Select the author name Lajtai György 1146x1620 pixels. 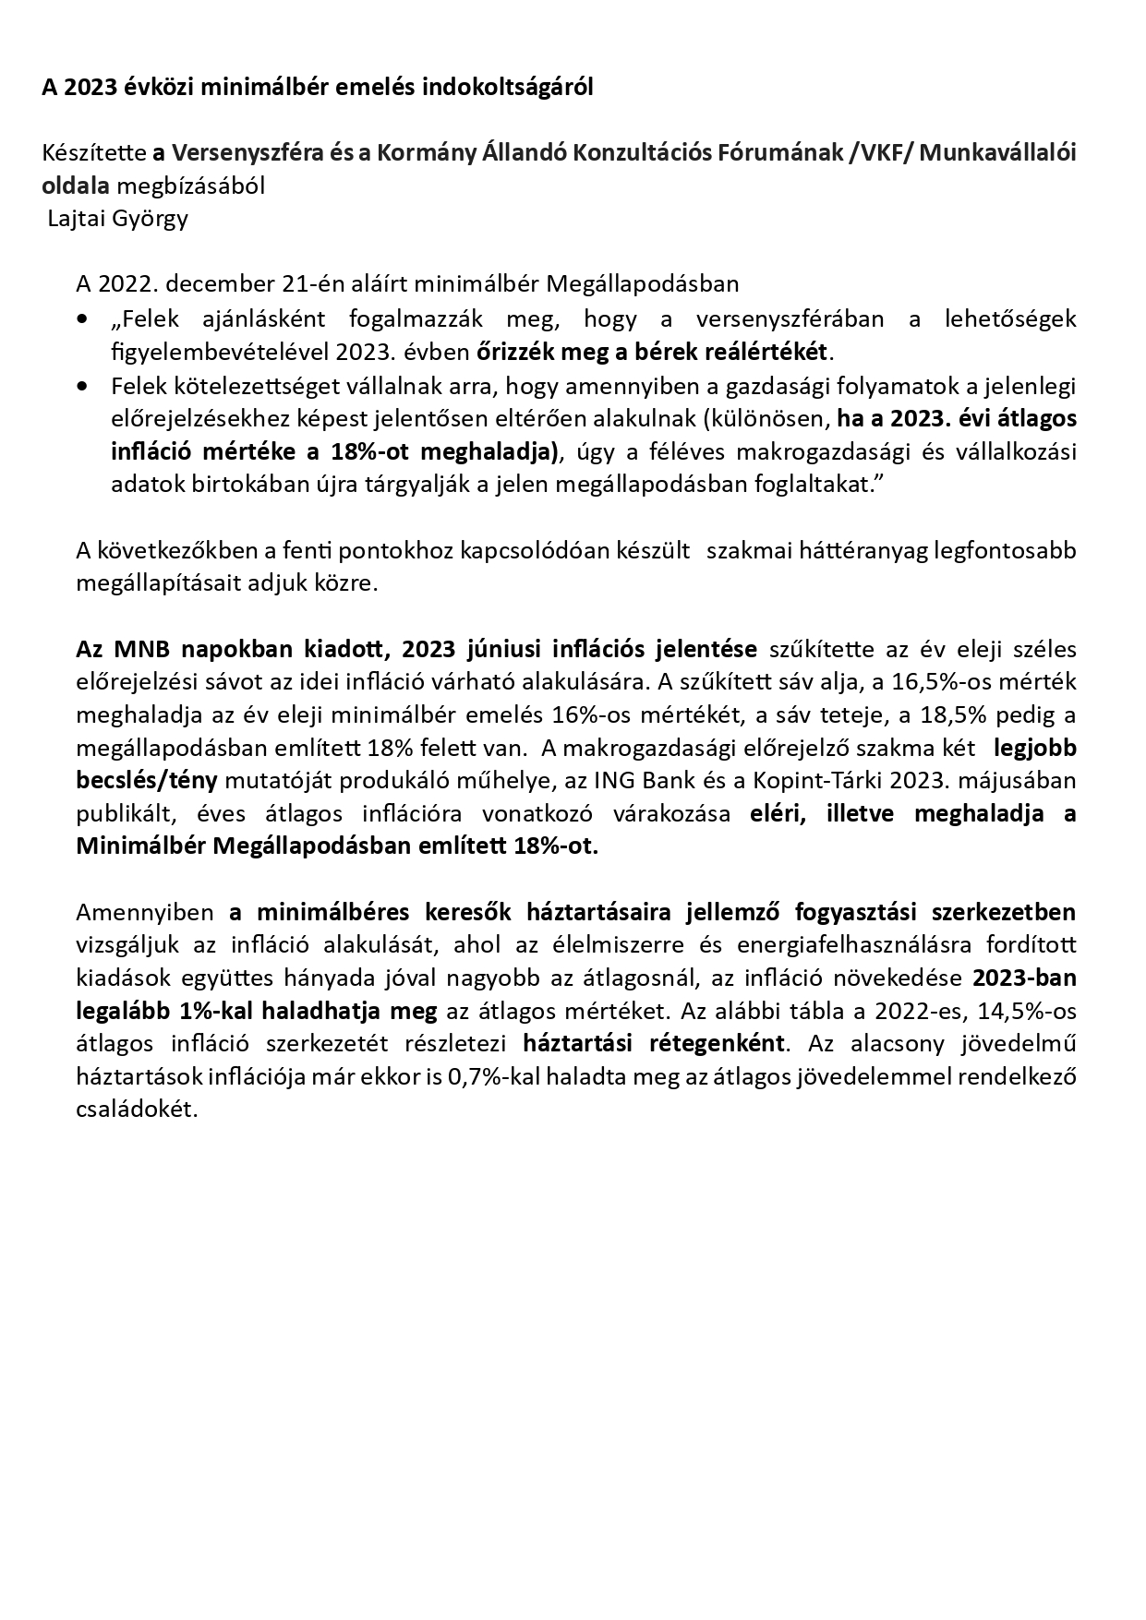coord(117,220)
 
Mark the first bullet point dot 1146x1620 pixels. coord(84,319)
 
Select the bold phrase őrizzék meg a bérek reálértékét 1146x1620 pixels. coord(654,353)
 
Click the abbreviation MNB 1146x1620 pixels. coord(139,649)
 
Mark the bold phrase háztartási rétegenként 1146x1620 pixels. coord(654,1045)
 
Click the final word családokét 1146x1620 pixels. coord(137,1110)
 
